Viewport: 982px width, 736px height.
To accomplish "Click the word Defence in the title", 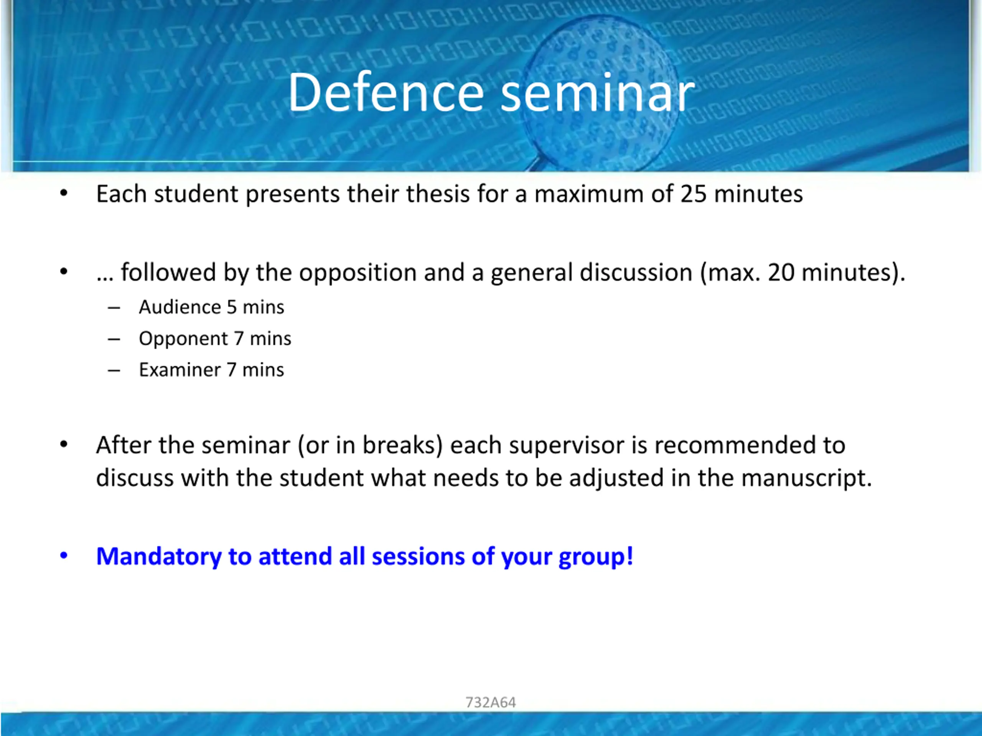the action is [x=386, y=93].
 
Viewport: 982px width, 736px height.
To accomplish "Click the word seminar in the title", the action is [x=598, y=93].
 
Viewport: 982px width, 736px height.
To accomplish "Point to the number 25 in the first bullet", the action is [x=694, y=194].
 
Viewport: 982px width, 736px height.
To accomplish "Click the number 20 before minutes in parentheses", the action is [x=781, y=273].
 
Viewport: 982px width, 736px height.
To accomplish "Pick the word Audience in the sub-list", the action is [x=180, y=307].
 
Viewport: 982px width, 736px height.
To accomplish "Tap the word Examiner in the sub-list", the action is [x=180, y=370].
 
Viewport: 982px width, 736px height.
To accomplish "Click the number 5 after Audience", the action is [x=232, y=307].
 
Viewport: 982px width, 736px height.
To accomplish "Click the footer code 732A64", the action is [x=491, y=703].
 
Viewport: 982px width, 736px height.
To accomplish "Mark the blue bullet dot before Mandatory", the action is [x=64, y=556].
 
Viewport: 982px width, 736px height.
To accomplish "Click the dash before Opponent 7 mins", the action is [x=114, y=339].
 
